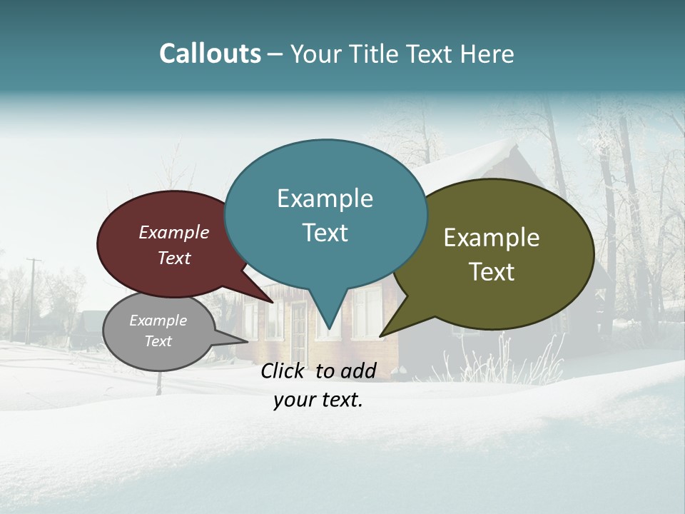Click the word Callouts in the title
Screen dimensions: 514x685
210,54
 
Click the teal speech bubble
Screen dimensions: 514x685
325,214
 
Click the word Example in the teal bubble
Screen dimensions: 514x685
325,198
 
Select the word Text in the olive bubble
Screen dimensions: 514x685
492,272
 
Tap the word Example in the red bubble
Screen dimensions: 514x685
174,232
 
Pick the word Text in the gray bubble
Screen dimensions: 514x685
158,341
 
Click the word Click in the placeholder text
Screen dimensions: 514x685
283,371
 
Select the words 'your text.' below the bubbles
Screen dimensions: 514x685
318,400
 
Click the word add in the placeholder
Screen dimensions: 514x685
358,371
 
